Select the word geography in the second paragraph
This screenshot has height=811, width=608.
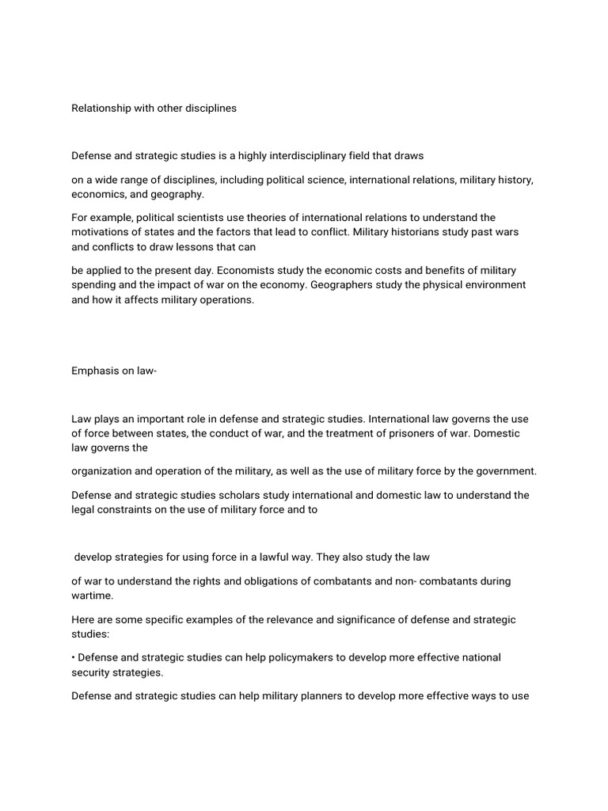(181, 194)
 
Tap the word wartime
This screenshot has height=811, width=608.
(92, 595)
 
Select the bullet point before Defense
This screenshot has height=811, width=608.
(74, 657)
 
